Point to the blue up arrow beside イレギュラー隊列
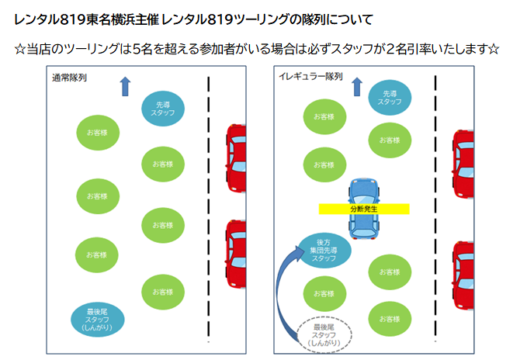click(357, 85)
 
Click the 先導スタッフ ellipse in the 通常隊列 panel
click(163, 109)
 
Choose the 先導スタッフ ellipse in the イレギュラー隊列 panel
click(390, 97)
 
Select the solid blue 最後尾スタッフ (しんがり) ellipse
click(97, 318)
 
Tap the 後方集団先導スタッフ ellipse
click(324, 250)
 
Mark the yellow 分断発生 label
click(364, 209)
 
